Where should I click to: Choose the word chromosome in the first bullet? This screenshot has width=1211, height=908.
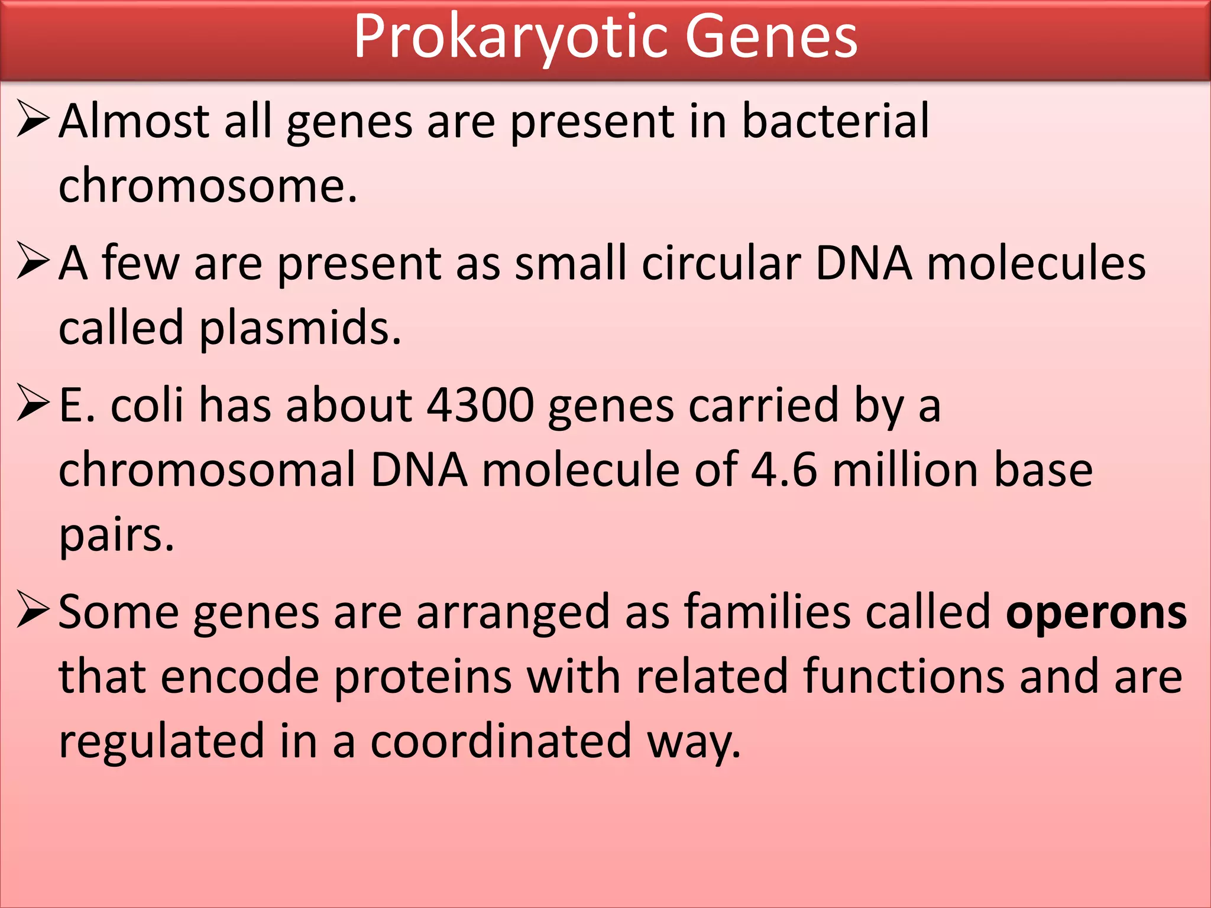[207, 186]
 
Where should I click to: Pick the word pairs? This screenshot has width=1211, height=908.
[116, 535]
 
